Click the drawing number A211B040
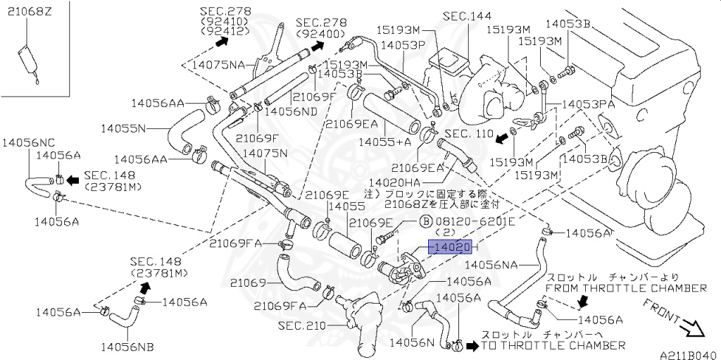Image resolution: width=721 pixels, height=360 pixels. point(688,354)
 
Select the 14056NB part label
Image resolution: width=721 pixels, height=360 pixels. point(127,346)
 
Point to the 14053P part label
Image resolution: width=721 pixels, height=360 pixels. point(403,44)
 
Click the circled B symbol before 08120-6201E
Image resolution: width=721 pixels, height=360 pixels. point(425,221)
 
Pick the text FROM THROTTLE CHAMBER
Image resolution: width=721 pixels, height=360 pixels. point(626,288)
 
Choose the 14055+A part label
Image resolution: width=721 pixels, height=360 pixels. point(384,142)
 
